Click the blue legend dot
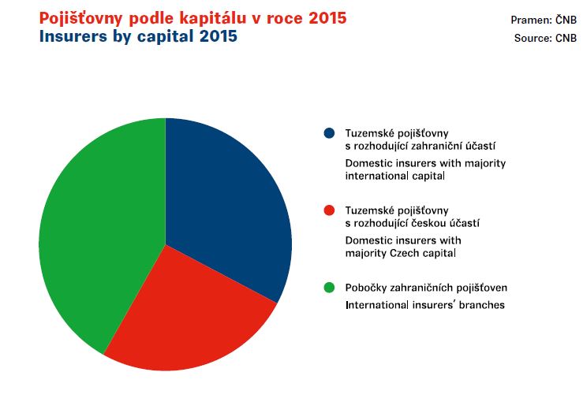(329, 133)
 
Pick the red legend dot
(329, 210)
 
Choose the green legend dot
(329, 288)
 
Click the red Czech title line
(193, 18)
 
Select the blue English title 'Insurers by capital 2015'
(138, 36)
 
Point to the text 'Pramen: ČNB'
(544, 20)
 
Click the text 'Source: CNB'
(545, 38)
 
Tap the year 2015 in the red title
(327, 18)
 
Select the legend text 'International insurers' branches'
(425, 305)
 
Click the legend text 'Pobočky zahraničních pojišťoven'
(426, 288)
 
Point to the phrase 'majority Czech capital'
(401, 253)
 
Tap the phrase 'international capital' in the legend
(395, 176)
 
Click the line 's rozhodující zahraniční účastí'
(420, 146)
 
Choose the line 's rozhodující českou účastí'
(413, 223)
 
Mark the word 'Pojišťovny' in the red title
(80, 19)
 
